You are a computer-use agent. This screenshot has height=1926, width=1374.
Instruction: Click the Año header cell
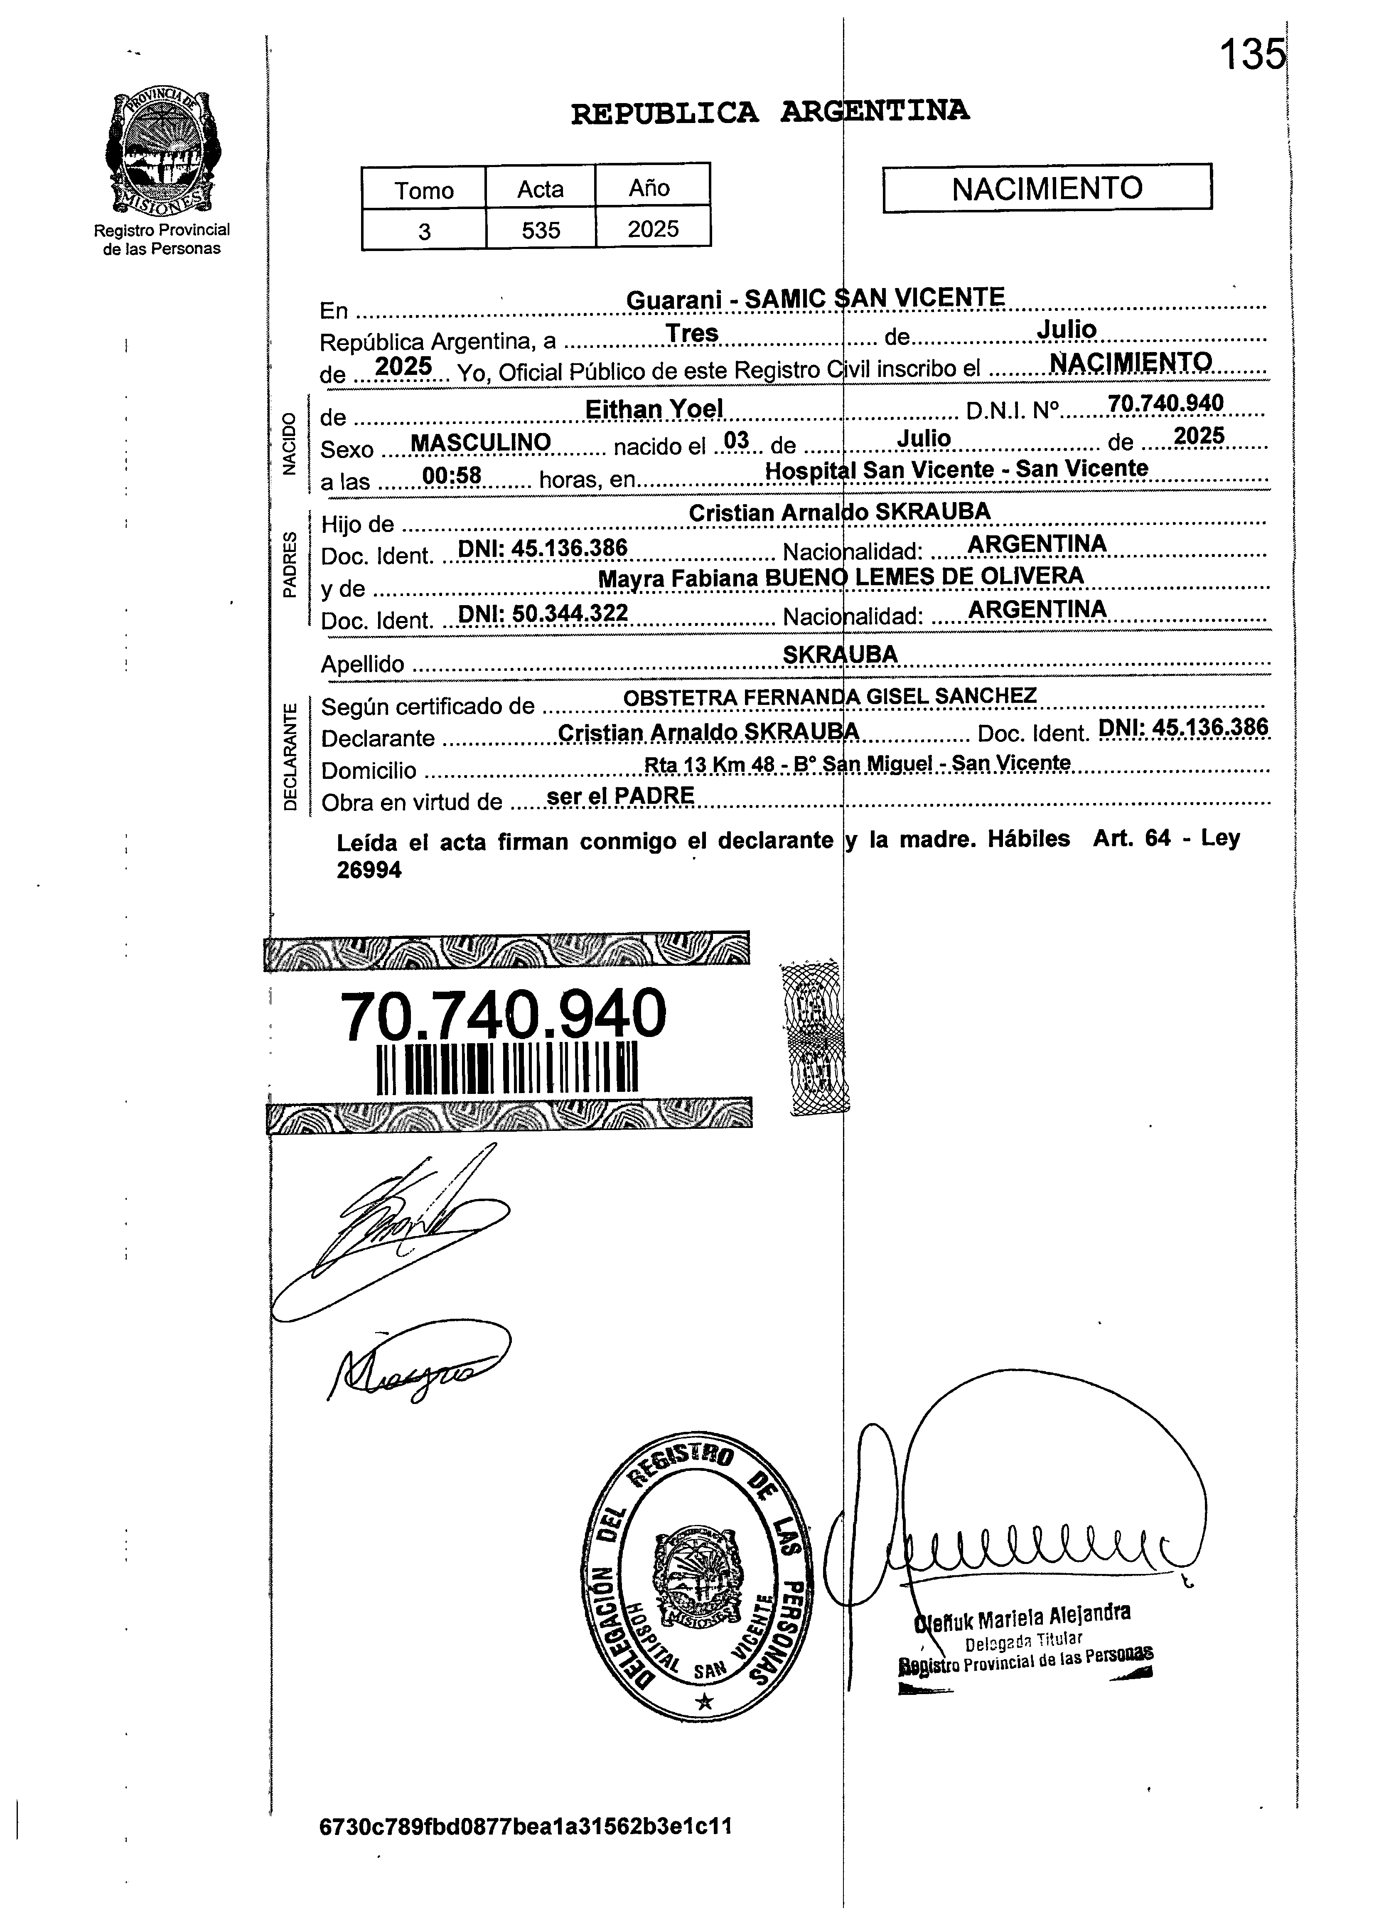[650, 187]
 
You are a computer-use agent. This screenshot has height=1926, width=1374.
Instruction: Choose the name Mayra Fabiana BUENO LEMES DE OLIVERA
[840, 577]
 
